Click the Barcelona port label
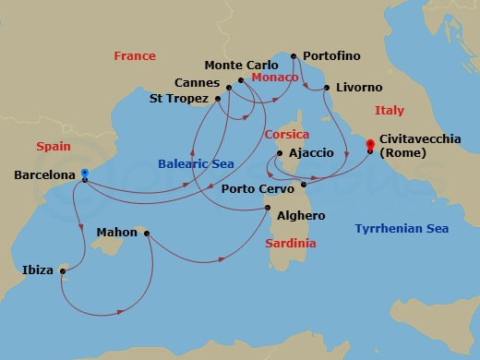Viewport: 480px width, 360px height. pyautogui.click(x=44, y=173)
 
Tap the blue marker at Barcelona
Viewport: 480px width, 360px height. pyautogui.click(x=84, y=173)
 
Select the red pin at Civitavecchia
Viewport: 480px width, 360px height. pyautogui.click(x=370, y=144)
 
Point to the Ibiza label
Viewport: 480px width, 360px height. pyautogui.click(x=38, y=270)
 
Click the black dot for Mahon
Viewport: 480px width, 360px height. pyautogui.click(x=147, y=233)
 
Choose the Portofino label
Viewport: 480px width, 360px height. pyautogui.click(x=332, y=56)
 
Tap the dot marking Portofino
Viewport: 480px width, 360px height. pyautogui.click(x=294, y=56)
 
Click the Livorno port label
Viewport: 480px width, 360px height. pyautogui.click(x=359, y=88)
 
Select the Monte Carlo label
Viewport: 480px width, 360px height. pyautogui.click(x=240, y=65)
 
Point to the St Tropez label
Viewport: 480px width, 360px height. pyautogui.click(x=180, y=98)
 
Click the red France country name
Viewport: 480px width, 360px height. pyautogui.click(x=135, y=56)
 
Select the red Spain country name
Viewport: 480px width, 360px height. pyautogui.click(x=53, y=146)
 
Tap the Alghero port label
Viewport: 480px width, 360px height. pyautogui.click(x=299, y=215)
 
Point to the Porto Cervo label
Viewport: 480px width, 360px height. pyautogui.click(x=258, y=188)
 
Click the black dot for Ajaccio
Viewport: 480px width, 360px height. pyautogui.click(x=279, y=153)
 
